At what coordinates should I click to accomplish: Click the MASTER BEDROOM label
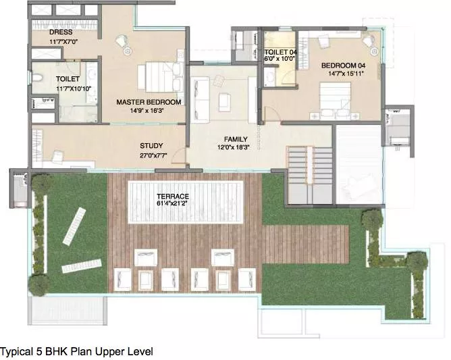click(149, 102)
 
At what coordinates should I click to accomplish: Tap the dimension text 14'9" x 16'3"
click(147, 111)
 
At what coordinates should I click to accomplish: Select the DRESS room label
click(61, 32)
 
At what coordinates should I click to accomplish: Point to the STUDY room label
click(151, 146)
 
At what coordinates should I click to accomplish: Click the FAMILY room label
click(236, 139)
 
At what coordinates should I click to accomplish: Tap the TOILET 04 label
click(281, 52)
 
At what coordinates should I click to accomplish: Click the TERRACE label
click(173, 197)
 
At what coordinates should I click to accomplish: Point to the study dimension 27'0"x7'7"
click(153, 155)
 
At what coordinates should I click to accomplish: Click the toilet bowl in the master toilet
click(37, 78)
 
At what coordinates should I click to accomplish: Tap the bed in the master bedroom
click(161, 77)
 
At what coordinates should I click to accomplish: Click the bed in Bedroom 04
click(336, 99)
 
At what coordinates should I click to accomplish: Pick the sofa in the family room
click(200, 99)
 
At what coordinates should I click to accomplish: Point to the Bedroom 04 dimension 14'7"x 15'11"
click(346, 74)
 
